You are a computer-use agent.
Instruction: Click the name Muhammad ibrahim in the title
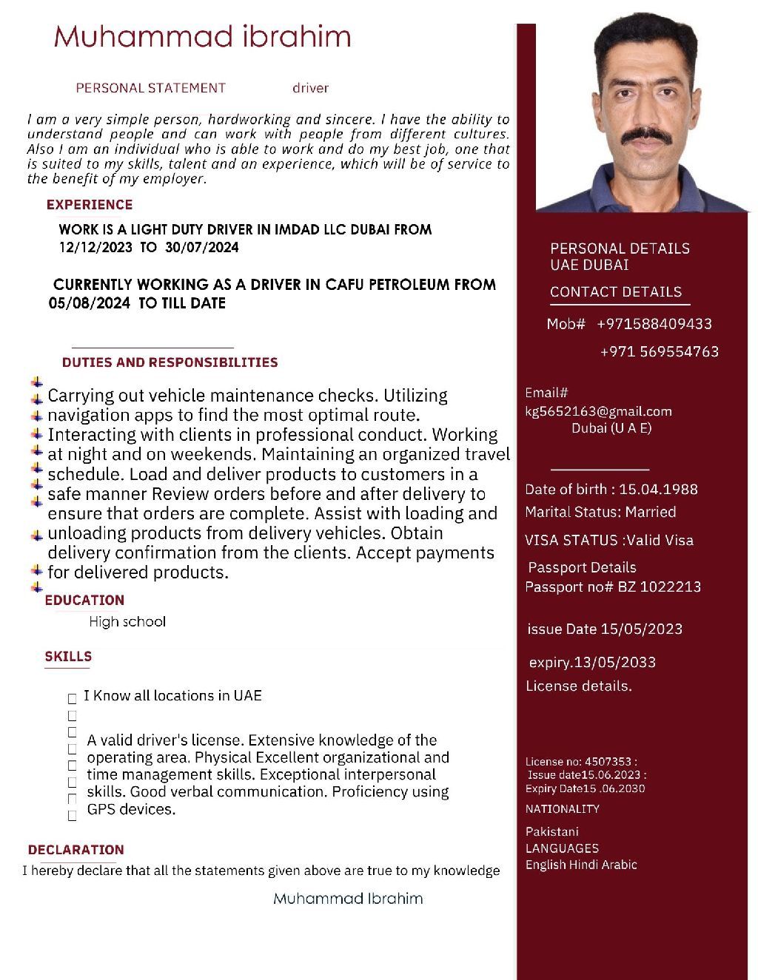pos(202,36)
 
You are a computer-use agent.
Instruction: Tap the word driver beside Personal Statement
pos(310,88)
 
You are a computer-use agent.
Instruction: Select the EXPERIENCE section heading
pos(90,205)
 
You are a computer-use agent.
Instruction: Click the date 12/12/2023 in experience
pos(94,248)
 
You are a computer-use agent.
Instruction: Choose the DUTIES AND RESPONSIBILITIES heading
pos(170,362)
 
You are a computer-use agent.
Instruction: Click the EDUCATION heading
pos(84,600)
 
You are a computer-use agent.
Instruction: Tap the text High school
pos(127,621)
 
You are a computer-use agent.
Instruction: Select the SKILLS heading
pos(68,656)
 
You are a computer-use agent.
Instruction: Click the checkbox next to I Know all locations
pos(73,698)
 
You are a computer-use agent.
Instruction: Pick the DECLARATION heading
pos(76,850)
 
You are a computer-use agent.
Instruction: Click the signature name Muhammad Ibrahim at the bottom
pos(348,899)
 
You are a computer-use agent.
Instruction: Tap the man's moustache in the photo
pos(646,135)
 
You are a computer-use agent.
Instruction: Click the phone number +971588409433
pos(654,324)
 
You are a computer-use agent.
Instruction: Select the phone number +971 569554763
pos(659,351)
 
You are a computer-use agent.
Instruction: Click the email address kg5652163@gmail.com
pos(598,411)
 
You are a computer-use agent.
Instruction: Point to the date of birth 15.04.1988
pos(658,489)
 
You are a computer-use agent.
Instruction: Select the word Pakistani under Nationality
pos(552,831)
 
